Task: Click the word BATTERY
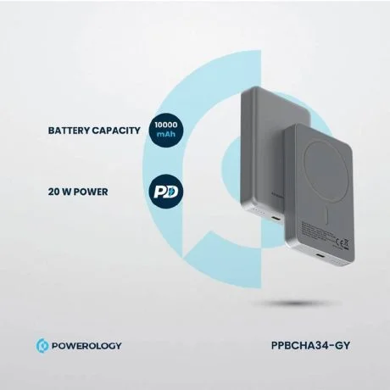point(69,131)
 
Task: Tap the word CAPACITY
point(116,131)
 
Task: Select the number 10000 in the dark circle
point(166,125)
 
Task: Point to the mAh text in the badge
point(166,134)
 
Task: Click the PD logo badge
point(166,192)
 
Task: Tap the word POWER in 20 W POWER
point(91,192)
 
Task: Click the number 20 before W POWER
point(53,192)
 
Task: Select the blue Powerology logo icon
point(42,346)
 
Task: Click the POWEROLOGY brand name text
point(86,346)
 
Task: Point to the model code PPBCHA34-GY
point(310,345)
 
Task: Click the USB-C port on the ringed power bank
point(321,257)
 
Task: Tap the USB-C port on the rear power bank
point(274,219)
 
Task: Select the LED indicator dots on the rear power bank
point(257,211)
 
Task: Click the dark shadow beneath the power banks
point(295,304)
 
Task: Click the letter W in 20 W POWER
point(66,192)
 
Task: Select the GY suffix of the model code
point(343,345)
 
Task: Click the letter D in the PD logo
point(171,192)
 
